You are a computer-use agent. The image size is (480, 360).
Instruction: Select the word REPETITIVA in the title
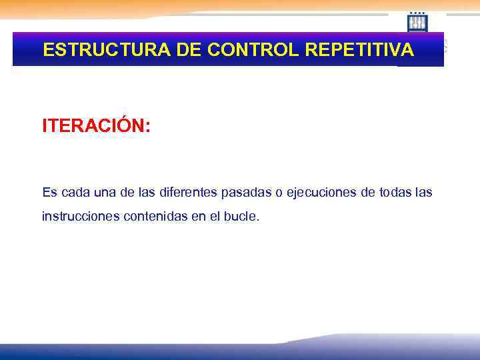[x=358, y=50]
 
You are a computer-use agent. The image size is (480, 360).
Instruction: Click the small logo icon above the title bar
[x=418, y=23]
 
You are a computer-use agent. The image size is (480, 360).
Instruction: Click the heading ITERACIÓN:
[x=97, y=125]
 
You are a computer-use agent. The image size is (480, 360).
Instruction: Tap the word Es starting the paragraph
[x=49, y=193]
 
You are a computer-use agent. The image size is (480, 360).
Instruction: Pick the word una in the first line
[x=104, y=193]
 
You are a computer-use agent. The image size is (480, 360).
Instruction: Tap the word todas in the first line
[x=395, y=193]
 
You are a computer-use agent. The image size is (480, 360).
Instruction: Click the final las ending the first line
[x=423, y=193]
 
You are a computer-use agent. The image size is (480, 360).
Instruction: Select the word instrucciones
[x=80, y=217]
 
